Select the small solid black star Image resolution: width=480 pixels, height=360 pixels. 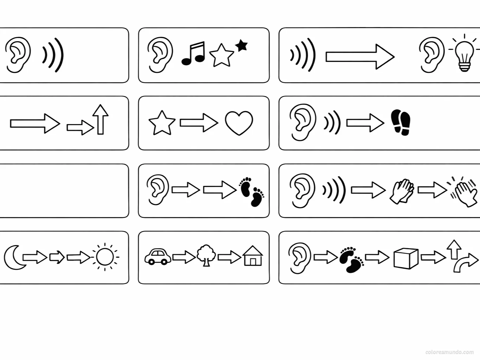coord(241,45)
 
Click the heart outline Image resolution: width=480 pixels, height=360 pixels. coord(239,123)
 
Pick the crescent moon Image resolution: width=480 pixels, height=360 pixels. coord(13,257)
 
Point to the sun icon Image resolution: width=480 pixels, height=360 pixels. coord(104,257)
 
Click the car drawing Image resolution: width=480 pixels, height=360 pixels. coord(158,256)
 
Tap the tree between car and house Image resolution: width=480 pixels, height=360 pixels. coord(206,256)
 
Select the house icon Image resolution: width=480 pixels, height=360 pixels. coord(252,256)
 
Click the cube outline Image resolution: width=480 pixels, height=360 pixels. coord(406,258)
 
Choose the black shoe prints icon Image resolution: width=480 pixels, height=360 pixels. coord(401,122)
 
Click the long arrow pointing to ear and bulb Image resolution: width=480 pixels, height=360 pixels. coord(360,57)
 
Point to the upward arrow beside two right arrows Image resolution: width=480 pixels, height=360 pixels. coord(101,119)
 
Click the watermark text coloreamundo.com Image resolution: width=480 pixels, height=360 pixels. coord(449,352)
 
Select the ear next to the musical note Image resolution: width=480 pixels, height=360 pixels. coord(160,55)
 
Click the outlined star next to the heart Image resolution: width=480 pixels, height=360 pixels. coord(162,123)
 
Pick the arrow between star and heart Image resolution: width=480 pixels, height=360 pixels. coord(199,123)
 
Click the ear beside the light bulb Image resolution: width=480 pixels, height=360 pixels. coord(431,55)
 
